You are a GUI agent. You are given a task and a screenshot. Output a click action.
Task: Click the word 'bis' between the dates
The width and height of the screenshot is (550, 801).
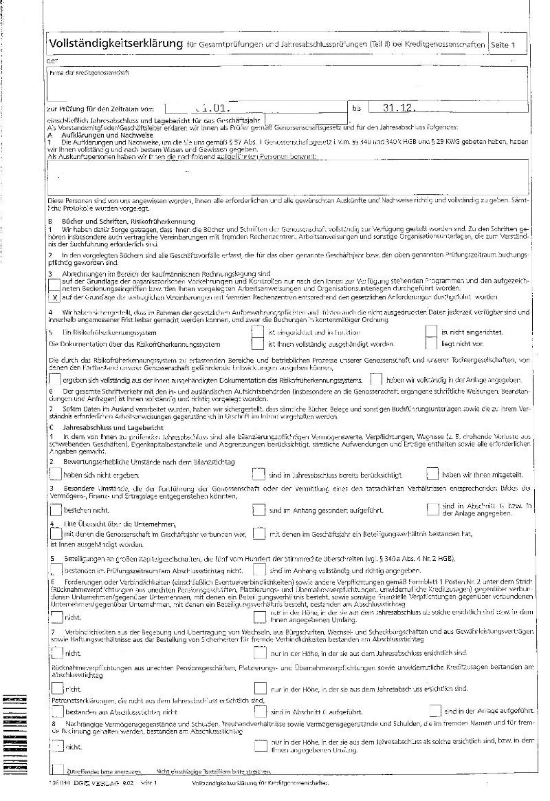point(356,108)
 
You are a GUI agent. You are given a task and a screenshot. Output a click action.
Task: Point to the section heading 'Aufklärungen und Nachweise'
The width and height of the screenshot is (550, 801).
point(94,136)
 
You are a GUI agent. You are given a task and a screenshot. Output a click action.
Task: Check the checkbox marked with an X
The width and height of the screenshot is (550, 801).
point(55,298)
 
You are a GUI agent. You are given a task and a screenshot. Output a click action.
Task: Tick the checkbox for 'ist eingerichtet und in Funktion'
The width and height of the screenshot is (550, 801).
point(258,332)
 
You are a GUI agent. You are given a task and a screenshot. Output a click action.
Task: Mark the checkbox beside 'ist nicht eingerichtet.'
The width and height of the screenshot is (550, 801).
point(431,332)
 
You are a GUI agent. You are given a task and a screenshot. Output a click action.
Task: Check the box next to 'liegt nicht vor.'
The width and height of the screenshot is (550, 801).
point(431,343)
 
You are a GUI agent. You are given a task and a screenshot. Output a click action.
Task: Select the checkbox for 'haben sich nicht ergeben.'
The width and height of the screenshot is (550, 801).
point(55,473)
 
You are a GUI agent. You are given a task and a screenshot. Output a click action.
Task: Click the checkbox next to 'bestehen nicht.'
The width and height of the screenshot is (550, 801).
point(55,510)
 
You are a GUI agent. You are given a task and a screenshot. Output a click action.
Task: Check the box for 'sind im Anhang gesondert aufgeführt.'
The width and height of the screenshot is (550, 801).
point(258,510)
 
